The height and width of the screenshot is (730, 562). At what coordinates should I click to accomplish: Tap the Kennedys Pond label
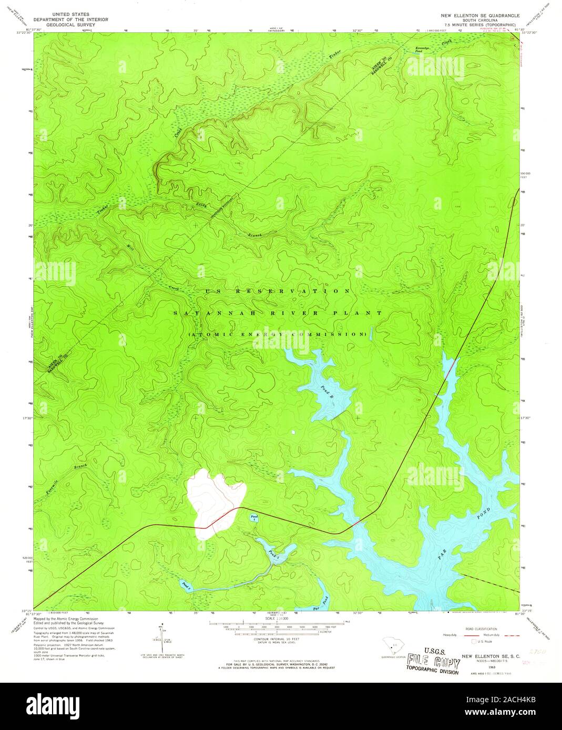tap(423, 50)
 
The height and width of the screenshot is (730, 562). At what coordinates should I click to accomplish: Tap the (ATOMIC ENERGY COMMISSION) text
tap(277, 334)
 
